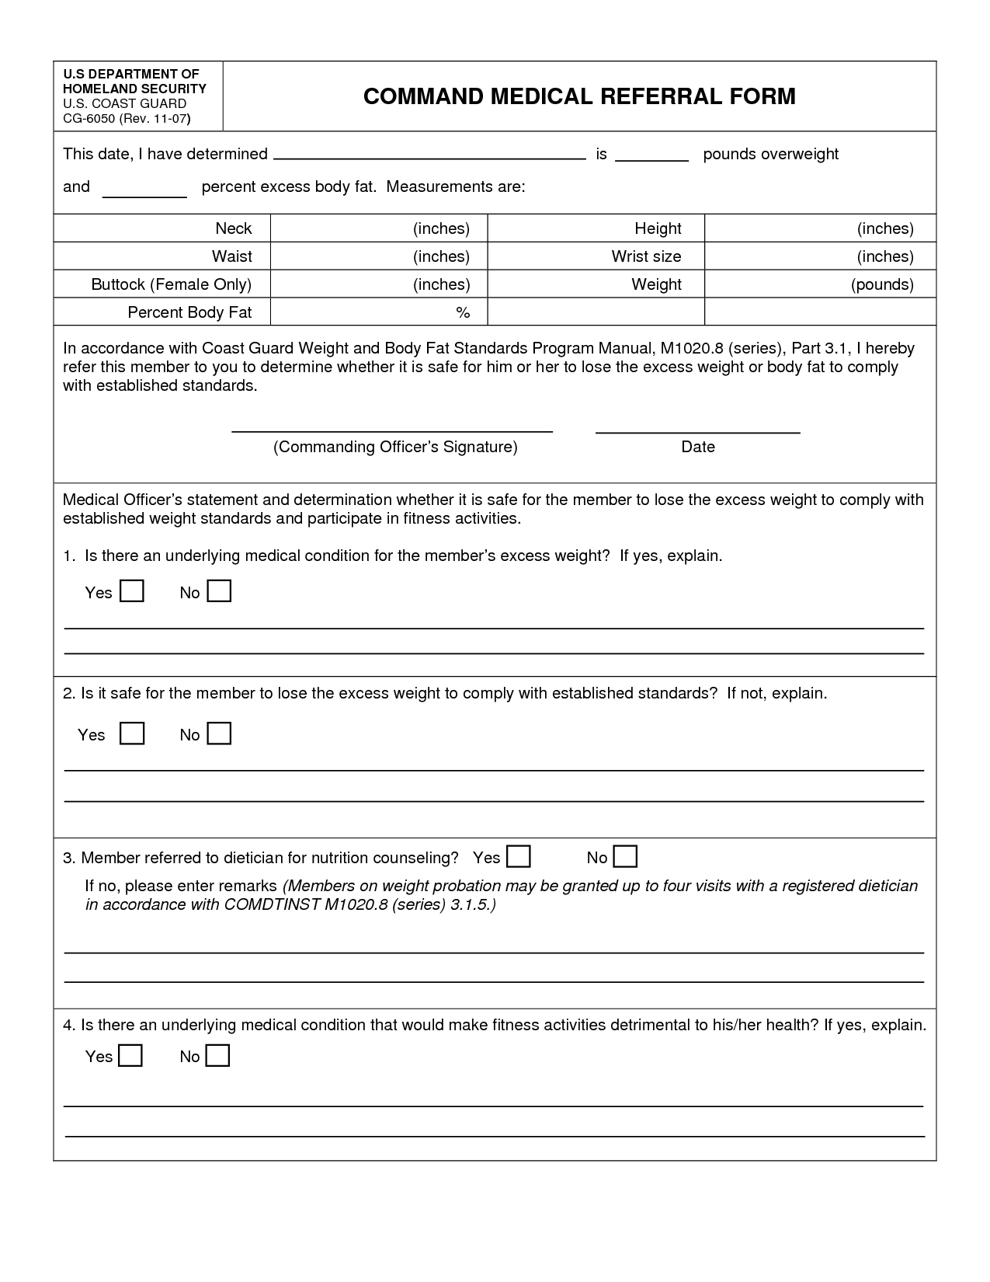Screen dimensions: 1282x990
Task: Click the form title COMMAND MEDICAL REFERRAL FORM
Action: click(x=579, y=96)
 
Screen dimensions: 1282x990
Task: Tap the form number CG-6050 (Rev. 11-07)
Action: click(x=127, y=119)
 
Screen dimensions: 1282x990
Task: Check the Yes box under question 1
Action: click(x=132, y=591)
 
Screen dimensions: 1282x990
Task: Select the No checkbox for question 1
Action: click(x=220, y=591)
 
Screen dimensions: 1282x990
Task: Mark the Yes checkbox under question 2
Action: click(x=132, y=733)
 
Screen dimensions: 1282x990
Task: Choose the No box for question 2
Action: click(x=220, y=733)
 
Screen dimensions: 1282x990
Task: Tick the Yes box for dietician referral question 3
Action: click(x=519, y=856)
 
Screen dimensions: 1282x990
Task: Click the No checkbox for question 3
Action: click(x=625, y=856)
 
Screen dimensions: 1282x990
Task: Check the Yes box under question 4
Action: click(x=130, y=1055)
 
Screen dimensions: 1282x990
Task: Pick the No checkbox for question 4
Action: click(x=218, y=1055)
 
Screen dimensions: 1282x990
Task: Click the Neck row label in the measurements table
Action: click(x=233, y=228)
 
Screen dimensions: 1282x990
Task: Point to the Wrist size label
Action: click(x=646, y=256)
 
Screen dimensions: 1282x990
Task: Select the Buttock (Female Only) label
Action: click(x=172, y=284)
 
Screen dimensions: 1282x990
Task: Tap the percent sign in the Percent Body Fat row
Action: click(x=463, y=312)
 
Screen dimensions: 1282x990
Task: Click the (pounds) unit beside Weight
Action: click(x=882, y=284)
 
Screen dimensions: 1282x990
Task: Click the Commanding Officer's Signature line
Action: click(x=392, y=430)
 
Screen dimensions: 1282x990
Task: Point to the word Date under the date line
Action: click(x=698, y=447)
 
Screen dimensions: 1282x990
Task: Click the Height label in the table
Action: click(x=658, y=228)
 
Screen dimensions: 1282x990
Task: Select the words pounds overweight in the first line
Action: click(x=770, y=154)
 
